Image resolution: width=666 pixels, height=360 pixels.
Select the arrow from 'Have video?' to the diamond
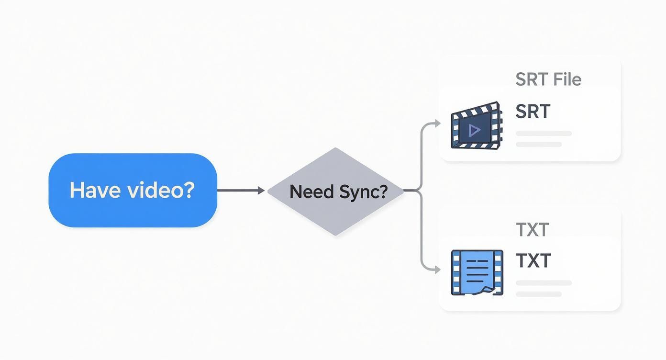tap(239, 191)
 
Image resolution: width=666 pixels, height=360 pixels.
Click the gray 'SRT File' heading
tap(548, 79)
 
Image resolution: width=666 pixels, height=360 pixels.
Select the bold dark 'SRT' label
tap(533, 112)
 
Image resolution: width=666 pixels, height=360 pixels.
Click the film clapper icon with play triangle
tap(476, 125)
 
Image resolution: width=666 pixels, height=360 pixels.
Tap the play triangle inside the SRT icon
tap(475, 130)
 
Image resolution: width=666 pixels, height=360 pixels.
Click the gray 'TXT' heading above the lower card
tap(532, 230)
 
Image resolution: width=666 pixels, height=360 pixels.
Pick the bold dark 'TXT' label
tap(533, 261)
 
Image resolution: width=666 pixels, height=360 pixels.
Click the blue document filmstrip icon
tap(477, 272)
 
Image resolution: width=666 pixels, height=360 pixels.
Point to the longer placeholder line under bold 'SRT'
tap(544, 134)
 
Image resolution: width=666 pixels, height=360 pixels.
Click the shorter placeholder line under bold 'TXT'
tap(539, 294)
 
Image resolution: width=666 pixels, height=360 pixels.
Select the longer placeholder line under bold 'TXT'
tap(544, 283)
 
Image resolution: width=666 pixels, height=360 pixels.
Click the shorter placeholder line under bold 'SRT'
tap(539, 144)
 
